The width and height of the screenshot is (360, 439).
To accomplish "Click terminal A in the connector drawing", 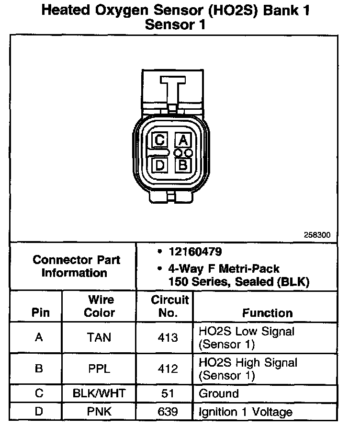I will coord(182,140).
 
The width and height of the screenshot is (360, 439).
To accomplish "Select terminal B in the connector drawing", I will coord(182,165).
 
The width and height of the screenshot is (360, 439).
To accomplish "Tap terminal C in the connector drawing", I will coord(160,140).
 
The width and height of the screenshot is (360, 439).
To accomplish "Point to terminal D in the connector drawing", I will coord(160,165).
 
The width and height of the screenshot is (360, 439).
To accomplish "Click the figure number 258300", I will coord(316,235).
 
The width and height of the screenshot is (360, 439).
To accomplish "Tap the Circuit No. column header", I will coord(170,307).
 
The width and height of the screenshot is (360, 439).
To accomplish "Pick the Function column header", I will coord(267,313).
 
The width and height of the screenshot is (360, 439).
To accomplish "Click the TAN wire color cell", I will coord(99,337).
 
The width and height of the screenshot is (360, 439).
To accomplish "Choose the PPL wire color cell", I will coord(99,369).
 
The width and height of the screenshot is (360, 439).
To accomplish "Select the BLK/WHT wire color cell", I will coord(99,394).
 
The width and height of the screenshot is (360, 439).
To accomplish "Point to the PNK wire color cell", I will coord(99,412).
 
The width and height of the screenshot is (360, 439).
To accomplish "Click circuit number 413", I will coord(168,337).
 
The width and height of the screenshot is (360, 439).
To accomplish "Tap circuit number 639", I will coord(168,412).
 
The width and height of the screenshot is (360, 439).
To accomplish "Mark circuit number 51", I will coord(168,394).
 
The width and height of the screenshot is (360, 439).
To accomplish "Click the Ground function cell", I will coord(218,394).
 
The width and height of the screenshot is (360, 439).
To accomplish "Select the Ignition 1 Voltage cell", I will coord(245,412).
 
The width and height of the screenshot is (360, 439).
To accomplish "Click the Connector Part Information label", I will coord(76,266).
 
